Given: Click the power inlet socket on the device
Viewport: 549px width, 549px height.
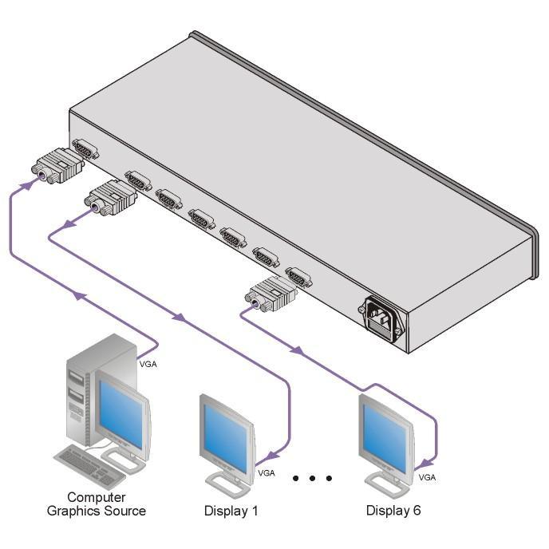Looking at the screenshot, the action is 382,318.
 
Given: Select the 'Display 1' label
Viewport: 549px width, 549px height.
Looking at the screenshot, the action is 231,511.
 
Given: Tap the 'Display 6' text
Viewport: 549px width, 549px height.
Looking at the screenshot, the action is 393,510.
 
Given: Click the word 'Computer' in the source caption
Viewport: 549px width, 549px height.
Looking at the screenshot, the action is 97,497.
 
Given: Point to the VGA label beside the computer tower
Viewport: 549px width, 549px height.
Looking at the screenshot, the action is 148,364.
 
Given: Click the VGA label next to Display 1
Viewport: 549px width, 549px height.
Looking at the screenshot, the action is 267,473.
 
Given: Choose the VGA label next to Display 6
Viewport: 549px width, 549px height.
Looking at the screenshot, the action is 427,477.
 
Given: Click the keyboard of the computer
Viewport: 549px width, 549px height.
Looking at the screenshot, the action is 90,467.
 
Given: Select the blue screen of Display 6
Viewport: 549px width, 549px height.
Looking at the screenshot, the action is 386,438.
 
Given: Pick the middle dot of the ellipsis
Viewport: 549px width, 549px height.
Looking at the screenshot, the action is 312,478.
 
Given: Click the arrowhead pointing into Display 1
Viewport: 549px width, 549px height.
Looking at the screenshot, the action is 272,456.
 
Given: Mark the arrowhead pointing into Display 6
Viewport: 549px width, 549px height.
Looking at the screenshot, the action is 426,464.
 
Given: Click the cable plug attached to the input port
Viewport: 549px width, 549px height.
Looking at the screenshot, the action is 57,166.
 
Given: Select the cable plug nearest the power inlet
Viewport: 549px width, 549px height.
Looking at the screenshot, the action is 271,294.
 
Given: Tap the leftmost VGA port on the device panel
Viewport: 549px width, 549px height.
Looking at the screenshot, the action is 85,149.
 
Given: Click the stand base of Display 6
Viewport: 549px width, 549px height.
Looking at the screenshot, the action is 387,484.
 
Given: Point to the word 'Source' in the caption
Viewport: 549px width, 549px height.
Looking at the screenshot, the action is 125,511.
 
